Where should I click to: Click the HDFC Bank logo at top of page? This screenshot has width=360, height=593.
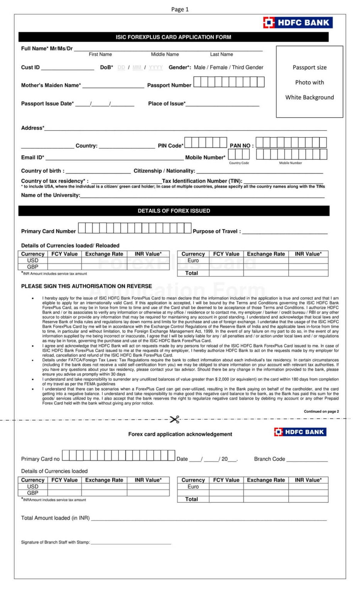pos(297,22)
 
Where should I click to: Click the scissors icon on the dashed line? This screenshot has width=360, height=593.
pos(174,419)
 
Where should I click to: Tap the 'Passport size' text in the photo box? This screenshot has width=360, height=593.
pos(309,67)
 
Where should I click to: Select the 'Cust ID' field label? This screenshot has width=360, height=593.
pos(30,67)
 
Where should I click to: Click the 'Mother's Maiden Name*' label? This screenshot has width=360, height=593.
pos(51,85)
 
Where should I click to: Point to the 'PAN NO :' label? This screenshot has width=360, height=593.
pos(242,146)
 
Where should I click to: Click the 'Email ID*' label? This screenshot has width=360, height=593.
pos(32,158)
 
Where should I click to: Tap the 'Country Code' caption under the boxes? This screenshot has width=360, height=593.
pos(239,163)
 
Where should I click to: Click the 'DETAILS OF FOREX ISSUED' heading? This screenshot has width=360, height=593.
pos(174,211)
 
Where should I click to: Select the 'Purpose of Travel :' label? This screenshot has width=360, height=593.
pos(216,231)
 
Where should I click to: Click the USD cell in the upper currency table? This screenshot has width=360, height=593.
pos(33,261)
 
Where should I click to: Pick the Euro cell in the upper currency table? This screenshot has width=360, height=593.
pos(193,261)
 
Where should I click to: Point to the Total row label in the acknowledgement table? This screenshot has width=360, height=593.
pos(191,499)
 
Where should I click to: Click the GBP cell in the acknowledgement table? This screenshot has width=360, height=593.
pos(33,493)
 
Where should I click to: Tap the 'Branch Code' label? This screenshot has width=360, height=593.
pos(269,459)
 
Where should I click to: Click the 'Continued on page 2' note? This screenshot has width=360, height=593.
pos(321,412)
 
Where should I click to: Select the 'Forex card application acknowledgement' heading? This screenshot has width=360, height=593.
pos(180,434)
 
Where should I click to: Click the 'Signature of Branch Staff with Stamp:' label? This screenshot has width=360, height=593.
pos(56,542)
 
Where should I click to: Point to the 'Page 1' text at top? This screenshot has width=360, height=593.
pos(180,9)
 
